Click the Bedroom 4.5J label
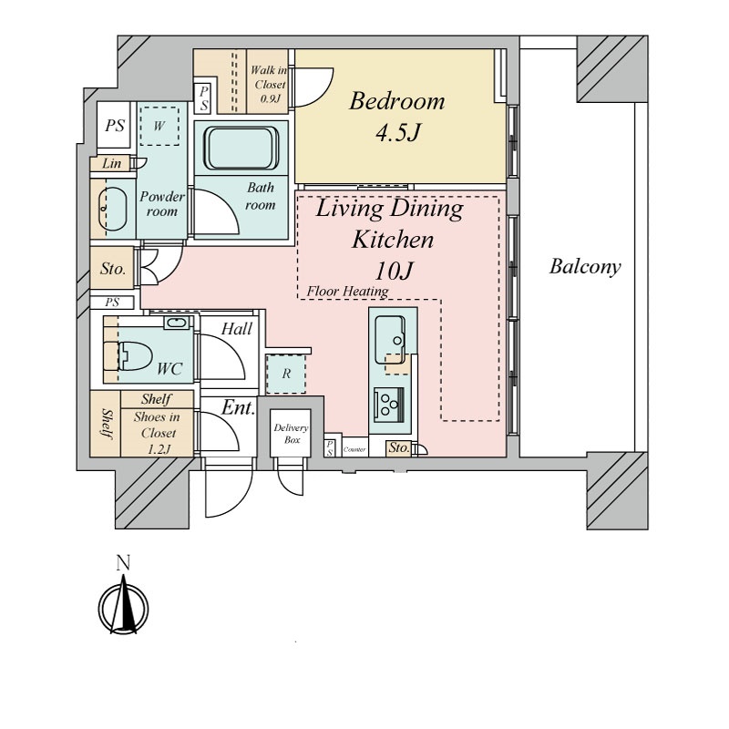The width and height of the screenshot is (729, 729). pos(397,117)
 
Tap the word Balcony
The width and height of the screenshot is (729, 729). pos(585,267)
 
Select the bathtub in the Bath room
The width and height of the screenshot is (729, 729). pos(241,149)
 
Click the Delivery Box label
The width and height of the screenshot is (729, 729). pos(291,434)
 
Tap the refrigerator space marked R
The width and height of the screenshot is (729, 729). pos(286,374)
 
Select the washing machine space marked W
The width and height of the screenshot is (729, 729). pos(159,126)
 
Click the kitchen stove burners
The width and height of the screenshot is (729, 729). pos(389,405)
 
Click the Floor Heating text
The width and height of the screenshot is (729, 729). pos(347,292)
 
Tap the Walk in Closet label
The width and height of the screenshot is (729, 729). pos(269,84)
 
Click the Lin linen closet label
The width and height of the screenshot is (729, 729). pos(111,163)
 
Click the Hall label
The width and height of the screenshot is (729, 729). pos(237,329)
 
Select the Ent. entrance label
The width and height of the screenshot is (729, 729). pos(238,407)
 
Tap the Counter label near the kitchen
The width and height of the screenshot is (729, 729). pos(354,449)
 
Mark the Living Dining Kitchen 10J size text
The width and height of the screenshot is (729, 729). pos(394,271)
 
